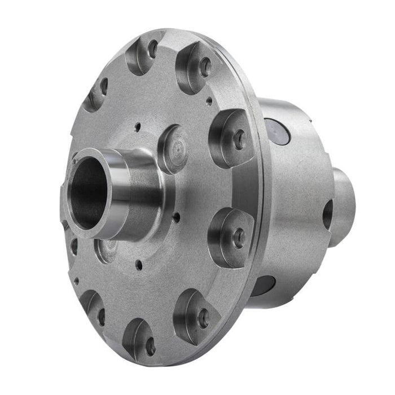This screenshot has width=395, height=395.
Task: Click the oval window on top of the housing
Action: click(280, 131)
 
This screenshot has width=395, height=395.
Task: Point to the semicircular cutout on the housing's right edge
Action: click(327, 214)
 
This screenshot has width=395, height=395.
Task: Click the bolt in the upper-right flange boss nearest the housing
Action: click(239, 139)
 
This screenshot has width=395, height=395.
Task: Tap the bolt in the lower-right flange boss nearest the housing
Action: click(239, 237)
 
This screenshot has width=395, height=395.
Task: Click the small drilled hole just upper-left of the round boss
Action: click(137, 128)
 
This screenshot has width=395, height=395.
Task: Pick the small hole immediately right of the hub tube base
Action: click(177, 215)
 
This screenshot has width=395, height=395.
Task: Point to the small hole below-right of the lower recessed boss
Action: click(139, 262)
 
